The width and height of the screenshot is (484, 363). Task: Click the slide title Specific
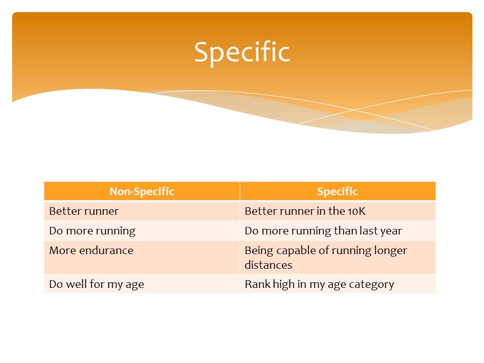click(x=242, y=52)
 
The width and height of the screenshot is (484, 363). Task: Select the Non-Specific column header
click(x=142, y=192)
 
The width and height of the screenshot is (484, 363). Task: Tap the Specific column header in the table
click(x=337, y=192)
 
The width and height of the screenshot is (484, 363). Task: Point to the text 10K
click(x=356, y=211)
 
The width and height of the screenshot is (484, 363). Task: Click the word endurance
click(x=106, y=251)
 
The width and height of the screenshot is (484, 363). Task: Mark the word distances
click(x=268, y=265)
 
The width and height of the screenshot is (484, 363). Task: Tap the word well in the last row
click(x=76, y=284)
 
